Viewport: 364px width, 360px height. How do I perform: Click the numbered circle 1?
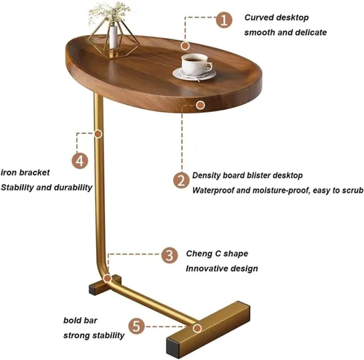point(224,20)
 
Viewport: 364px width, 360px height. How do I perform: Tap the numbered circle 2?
point(181,180)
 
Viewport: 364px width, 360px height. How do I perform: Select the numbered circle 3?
point(170,255)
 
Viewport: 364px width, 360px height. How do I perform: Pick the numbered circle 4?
point(80,161)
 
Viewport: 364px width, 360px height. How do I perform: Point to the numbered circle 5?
point(136,326)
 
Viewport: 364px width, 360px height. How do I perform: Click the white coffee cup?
point(196,64)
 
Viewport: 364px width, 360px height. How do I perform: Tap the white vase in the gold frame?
point(114,36)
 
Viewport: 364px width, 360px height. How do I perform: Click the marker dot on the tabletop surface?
point(185,46)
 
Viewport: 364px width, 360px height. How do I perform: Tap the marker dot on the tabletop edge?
point(200,105)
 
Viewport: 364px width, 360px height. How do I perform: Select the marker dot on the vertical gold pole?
point(98,134)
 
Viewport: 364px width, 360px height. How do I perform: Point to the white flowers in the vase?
point(109,12)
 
